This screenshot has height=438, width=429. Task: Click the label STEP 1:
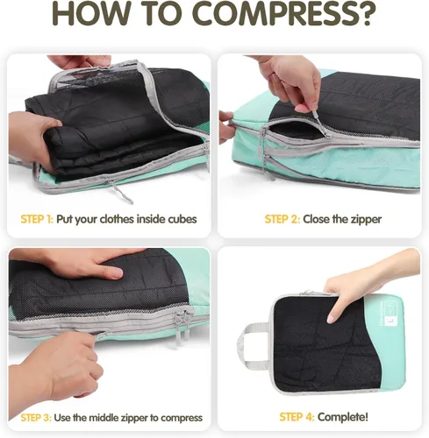[37, 219]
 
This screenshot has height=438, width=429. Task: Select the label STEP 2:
[282, 219]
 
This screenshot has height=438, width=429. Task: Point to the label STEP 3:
[36, 418]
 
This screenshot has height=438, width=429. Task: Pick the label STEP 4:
[297, 417]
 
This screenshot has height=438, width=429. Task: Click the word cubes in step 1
[182, 219]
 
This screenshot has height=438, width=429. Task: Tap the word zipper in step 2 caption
[366, 220]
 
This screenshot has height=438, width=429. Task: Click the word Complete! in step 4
[343, 417]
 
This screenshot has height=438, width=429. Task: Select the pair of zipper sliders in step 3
[182, 328]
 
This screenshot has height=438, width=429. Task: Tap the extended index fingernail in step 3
[117, 273]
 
